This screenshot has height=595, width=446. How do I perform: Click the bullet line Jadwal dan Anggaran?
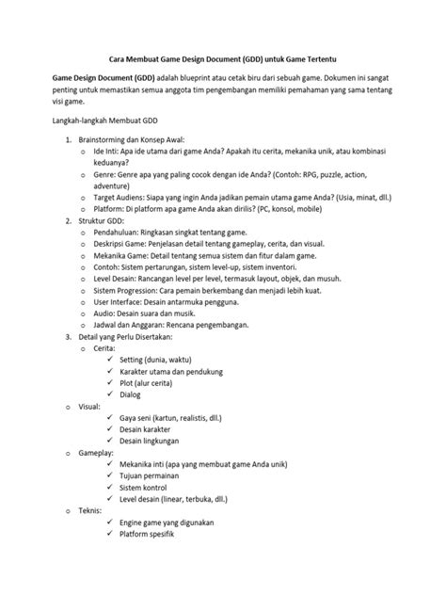[x=170, y=325]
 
